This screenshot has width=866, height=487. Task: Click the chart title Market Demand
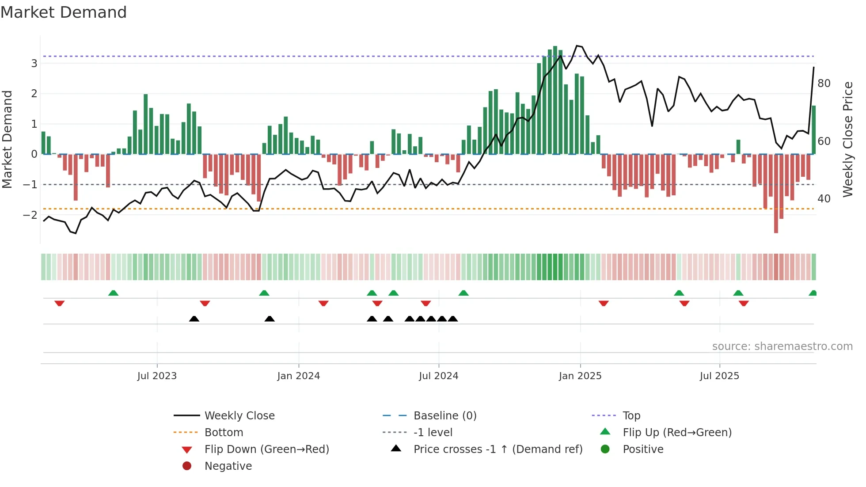64,12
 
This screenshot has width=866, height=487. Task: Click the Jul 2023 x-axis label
157,376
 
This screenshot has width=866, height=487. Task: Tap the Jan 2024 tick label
298,376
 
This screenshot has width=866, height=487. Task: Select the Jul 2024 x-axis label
438,376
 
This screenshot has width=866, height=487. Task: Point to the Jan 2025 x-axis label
580,376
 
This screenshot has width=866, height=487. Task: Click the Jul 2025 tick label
719,376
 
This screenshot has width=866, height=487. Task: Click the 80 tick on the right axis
824,84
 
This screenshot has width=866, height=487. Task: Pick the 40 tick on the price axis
824,199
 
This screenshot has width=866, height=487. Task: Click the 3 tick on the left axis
34,64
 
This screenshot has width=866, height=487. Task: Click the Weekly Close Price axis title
847,139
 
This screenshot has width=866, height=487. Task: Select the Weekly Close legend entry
239,416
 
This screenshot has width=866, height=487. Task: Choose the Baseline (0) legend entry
444,416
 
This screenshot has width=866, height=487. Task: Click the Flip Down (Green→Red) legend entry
266,449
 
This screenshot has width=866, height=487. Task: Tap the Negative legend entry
228,466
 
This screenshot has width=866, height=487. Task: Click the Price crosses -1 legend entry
498,449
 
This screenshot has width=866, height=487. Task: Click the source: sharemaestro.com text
782,346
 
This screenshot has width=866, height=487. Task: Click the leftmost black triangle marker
194,319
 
